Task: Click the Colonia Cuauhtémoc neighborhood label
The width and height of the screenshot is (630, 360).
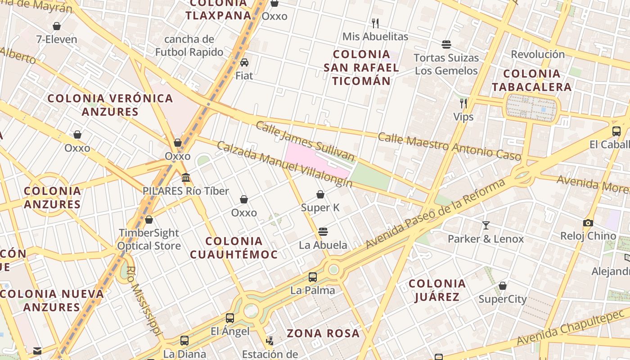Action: pyautogui.click(x=234, y=248)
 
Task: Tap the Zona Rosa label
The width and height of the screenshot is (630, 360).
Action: pyautogui.click(x=323, y=333)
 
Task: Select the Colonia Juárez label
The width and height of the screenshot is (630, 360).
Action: pyautogui.click(x=437, y=290)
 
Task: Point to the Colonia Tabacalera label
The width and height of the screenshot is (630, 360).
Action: pyautogui.click(x=531, y=80)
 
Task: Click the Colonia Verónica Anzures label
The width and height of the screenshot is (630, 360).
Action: pyautogui.click(x=110, y=105)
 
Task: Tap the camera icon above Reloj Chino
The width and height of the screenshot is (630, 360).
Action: pyautogui.click(x=588, y=223)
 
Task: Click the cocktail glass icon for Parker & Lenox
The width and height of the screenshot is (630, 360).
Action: pyautogui.click(x=486, y=225)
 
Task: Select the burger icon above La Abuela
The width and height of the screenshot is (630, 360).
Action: pyautogui.click(x=323, y=232)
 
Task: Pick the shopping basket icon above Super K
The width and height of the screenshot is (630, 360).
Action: pyautogui.click(x=320, y=194)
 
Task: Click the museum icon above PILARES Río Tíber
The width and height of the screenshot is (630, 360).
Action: pyautogui.click(x=186, y=178)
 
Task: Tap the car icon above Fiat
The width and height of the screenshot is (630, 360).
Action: pyautogui.click(x=244, y=62)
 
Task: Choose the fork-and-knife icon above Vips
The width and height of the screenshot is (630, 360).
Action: pyautogui.click(x=463, y=103)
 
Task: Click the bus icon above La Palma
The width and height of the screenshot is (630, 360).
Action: pyautogui.click(x=312, y=277)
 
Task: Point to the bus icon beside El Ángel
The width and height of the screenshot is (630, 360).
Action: pyautogui.click(x=230, y=318)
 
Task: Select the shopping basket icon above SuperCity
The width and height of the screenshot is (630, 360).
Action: pyautogui.click(x=503, y=286)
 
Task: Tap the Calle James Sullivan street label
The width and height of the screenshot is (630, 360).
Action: pyautogui.click(x=305, y=141)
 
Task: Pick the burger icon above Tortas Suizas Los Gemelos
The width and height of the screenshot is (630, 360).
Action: pyautogui.click(x=446, y=45)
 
